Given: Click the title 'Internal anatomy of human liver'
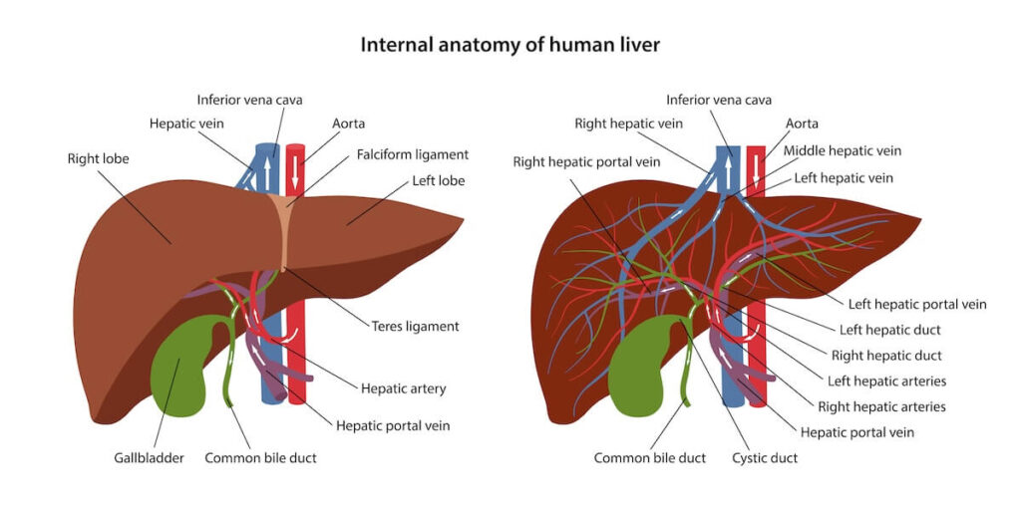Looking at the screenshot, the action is [x=510, y=45].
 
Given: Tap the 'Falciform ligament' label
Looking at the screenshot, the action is [x=412, y=154].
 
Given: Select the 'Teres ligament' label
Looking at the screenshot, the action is [x=415, y=326].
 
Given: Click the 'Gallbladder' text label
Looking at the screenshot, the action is [x=149, y=458].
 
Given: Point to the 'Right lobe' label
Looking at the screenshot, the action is [x=99, y=158].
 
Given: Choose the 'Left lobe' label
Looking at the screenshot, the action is [x=439, y=181].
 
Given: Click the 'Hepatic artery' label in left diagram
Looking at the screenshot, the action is [x=403, y=389].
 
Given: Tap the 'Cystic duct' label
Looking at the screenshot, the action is [x=765, y=458].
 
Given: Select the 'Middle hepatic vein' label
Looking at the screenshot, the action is [x=842, y=151].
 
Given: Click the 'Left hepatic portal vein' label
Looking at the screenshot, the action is [x=917, y=304].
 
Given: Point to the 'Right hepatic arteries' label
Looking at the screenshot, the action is [x=881, y=406].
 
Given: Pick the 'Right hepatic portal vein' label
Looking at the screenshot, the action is [x=586, y=162].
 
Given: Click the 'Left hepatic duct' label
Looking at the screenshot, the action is [x=889, y=330].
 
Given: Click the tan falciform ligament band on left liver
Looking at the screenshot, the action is [x=281, y=231].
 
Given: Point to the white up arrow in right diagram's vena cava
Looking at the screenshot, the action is [x=727, y=169].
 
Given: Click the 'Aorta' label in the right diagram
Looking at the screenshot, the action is [x=802, y=124].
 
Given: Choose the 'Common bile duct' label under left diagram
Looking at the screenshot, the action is [x=260, y=458].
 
